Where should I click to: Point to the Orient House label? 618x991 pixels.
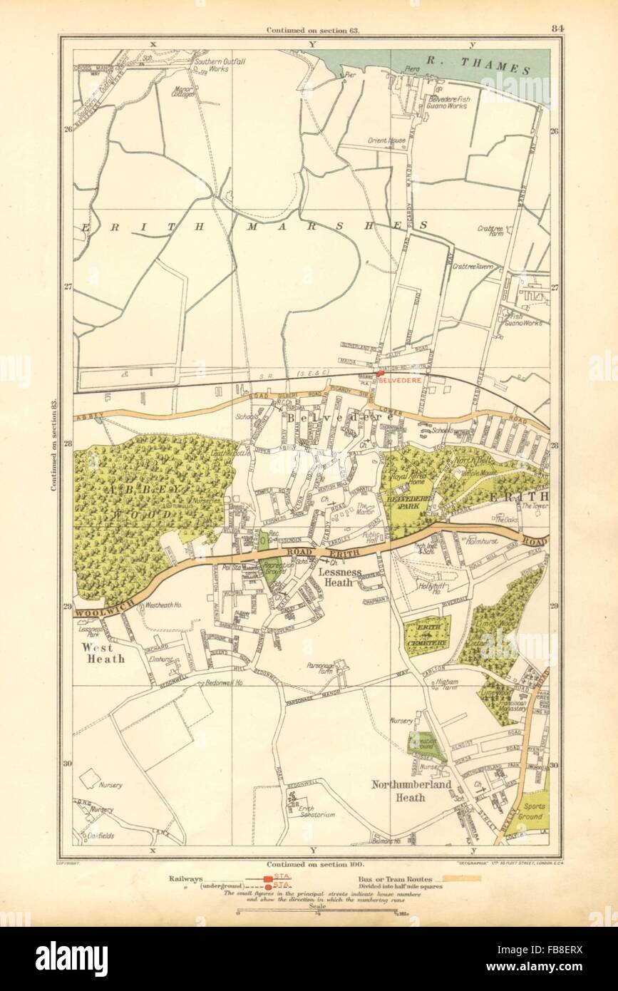[x=386, y=141]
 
